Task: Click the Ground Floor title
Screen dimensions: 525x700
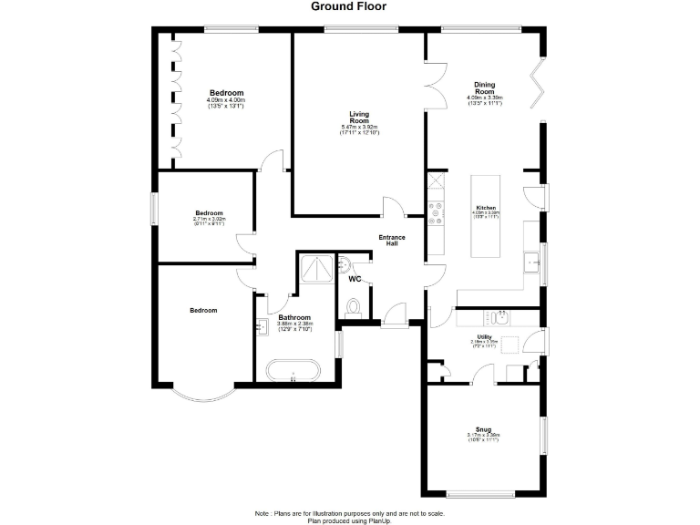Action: pos(349,6)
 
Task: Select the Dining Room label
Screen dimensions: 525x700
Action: pos(484,87)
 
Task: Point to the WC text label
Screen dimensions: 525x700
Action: pos(355,278)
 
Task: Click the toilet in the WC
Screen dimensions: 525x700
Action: pos(355,304)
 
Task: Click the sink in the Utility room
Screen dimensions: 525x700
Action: pos(499,317)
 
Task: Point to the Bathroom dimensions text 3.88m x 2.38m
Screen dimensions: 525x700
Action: pos(294,324)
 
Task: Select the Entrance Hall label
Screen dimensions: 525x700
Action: pos(392,240)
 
